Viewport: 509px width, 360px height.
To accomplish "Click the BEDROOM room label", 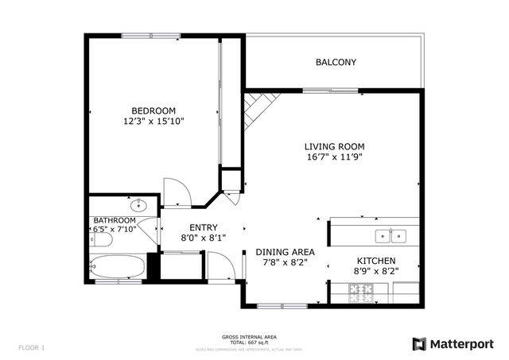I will [153, 110].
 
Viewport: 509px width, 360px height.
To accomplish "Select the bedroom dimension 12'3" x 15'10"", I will [153, 122].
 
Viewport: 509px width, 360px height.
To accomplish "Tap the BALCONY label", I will [336, 62].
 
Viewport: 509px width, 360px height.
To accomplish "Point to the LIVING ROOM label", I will [334, 146].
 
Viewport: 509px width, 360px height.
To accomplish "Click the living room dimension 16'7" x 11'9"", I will [334, 157].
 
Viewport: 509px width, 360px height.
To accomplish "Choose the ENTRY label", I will [192, 227].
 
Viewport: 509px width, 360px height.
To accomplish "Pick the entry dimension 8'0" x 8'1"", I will [192, 238].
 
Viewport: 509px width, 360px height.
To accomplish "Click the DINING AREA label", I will [285, 252].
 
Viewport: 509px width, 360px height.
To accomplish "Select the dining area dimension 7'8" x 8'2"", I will [285, 263].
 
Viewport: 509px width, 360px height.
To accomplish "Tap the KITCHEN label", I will [376, 261].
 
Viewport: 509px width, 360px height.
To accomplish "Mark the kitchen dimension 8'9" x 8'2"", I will [376, 272].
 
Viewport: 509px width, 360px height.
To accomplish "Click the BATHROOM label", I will [115, 220].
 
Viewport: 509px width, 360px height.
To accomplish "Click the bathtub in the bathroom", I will [118, 266].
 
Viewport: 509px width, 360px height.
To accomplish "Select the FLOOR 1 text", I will [31, 347].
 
